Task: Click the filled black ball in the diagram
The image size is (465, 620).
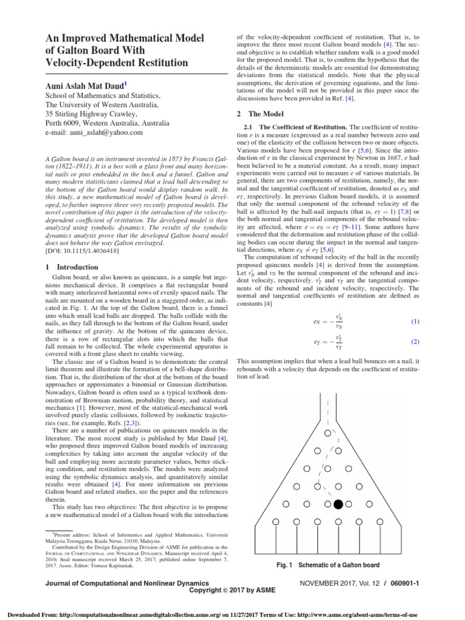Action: [x=338, y=504]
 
